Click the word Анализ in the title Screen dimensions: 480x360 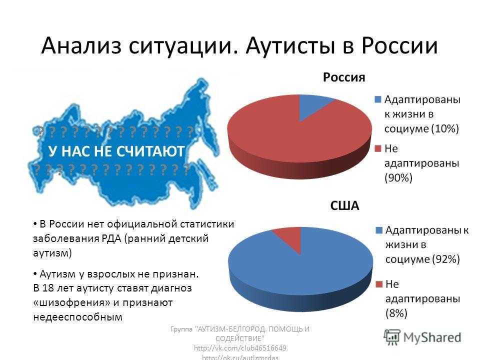(x=81, y=46)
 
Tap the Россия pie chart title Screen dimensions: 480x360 (x=344, y=77)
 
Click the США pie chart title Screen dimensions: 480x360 (x=344, y=205)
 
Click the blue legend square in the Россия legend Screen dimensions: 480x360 (x=378, y=99)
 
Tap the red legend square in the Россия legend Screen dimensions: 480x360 (x=378, y=148)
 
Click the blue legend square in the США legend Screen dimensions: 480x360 (x=379, y=230)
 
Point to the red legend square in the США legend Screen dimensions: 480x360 (x=379, y=284)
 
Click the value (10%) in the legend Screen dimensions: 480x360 (x=445, y=128)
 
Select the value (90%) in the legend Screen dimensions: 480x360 (x=398, y=178)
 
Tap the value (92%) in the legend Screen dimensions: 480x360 (x=445, y=259)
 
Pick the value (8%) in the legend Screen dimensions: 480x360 (x=396, y=313)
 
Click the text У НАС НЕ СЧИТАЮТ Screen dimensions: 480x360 (x=116, y=151)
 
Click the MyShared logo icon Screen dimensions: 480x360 (x=392, y=337)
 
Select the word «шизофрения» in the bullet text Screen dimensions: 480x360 (x=71, y=302)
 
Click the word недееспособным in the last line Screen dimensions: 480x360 (x=78, y=317)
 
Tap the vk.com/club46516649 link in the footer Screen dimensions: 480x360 (x=240, y=348)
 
